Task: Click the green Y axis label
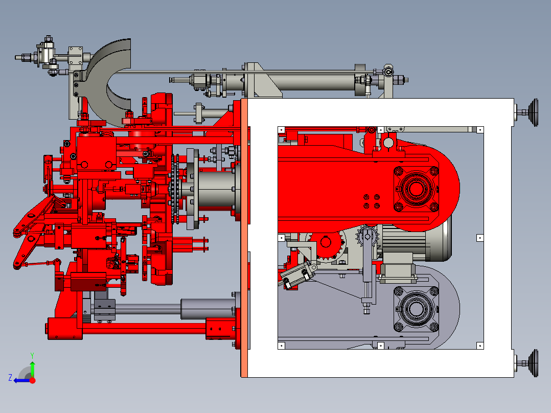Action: point(32,355)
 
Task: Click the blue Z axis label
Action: point(10,378)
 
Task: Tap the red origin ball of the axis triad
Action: point(32,380)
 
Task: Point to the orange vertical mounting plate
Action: point(244,238)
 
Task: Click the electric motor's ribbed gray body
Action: point(415,242)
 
